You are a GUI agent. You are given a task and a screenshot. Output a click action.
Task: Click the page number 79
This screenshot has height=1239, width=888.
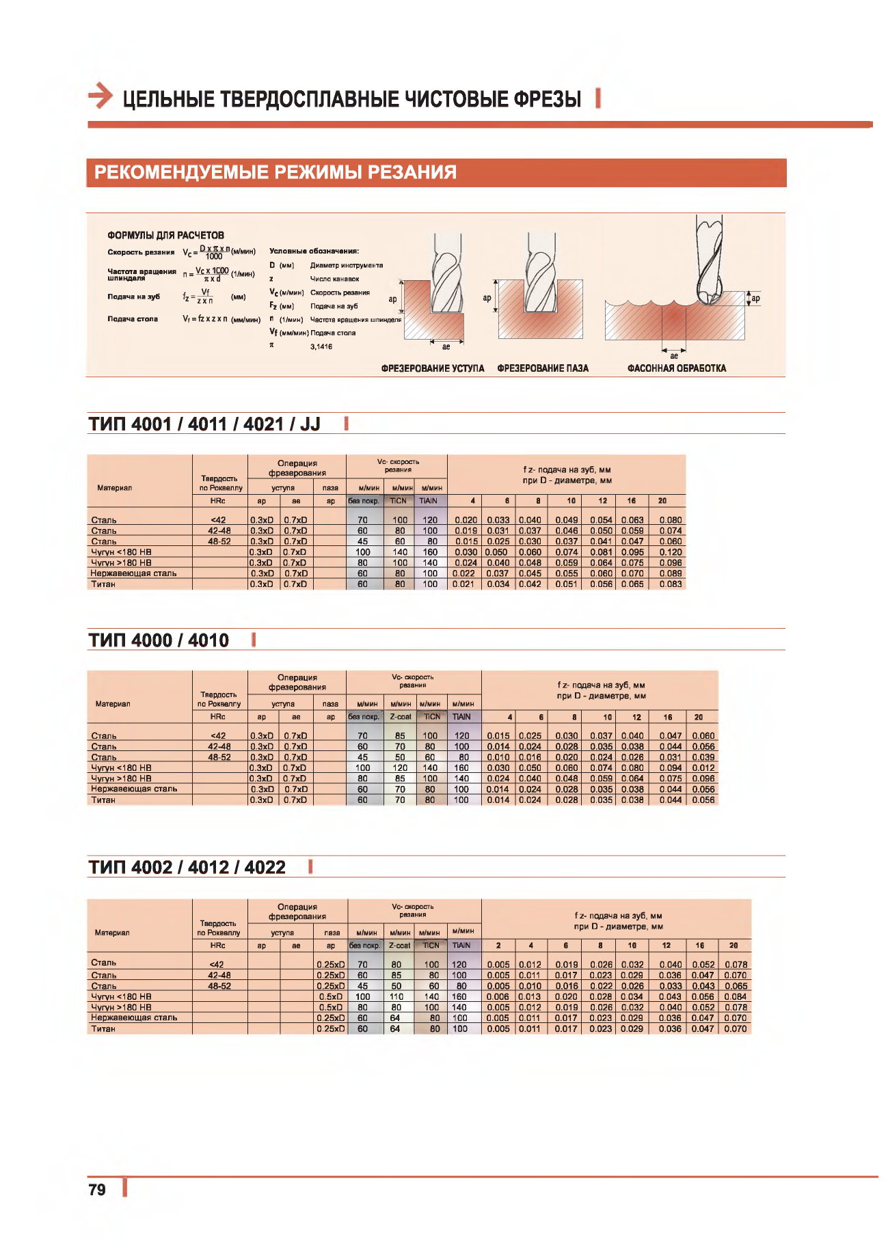97,1190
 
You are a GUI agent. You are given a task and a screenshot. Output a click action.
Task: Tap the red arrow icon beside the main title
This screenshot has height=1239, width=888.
100,96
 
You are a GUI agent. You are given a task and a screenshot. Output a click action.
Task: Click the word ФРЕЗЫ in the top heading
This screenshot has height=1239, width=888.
547,99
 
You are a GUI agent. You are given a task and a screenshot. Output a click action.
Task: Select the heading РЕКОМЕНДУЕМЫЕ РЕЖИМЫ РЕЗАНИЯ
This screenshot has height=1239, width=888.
275,172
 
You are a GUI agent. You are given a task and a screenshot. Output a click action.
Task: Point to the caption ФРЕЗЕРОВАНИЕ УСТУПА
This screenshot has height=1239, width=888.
433,368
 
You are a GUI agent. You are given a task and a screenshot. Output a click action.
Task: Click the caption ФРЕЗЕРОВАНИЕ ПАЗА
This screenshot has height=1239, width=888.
543,368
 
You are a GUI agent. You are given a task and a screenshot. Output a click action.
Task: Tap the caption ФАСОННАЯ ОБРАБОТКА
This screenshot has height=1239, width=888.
677,368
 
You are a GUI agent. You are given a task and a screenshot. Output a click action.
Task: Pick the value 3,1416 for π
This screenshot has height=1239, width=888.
321,347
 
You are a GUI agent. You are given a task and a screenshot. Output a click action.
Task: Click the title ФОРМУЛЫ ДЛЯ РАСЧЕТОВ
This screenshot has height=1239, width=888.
165,235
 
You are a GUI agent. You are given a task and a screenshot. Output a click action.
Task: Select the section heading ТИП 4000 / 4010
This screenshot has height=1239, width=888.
159,640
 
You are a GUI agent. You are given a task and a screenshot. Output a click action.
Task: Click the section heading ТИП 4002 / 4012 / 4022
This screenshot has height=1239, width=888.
187,867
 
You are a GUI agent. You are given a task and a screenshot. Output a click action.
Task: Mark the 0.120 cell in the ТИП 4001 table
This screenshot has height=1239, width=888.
670,552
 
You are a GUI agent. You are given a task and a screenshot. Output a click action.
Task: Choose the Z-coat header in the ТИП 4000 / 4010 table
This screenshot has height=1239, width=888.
401,717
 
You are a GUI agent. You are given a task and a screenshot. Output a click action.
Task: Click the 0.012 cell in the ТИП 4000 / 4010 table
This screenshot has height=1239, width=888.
703,768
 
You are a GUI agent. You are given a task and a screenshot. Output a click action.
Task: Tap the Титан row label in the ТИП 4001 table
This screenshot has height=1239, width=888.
103,584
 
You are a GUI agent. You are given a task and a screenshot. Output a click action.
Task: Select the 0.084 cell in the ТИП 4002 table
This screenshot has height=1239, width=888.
735,997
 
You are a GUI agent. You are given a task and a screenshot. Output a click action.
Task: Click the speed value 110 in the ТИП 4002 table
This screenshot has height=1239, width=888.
396,997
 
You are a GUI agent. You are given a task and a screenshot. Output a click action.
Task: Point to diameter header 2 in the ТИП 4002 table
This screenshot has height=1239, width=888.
498,946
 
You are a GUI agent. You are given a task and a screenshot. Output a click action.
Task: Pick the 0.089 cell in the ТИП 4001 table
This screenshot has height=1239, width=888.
670,574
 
